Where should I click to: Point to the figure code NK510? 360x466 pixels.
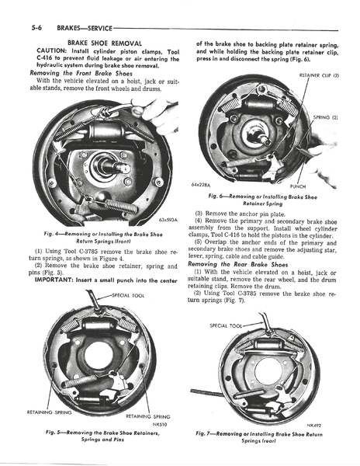click(163, 425)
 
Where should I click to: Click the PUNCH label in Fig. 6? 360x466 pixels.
click(298, 186)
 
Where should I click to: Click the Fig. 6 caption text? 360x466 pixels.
click(268, 200)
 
